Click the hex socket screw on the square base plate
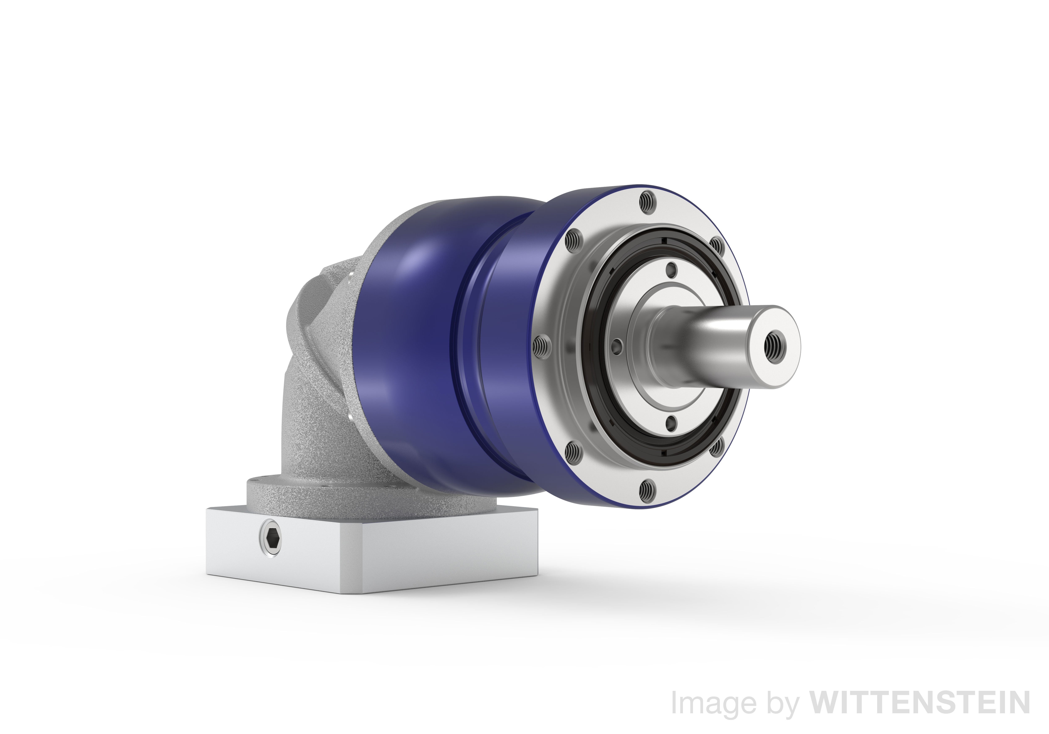pos(270,539)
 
